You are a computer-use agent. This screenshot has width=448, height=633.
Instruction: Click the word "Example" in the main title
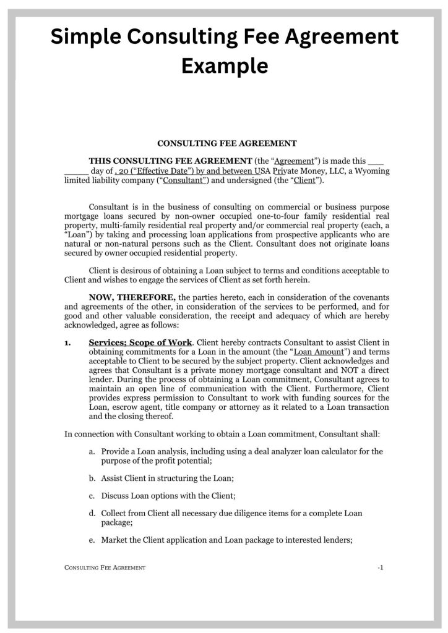point(224,65)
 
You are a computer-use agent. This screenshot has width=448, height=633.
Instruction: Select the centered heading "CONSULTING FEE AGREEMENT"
point(227,143)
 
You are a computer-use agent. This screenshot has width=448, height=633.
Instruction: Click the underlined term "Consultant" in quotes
point(184,181)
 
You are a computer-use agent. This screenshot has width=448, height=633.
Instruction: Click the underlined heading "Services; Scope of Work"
point(141,342)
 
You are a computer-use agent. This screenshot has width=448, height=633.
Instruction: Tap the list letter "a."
point(92,451)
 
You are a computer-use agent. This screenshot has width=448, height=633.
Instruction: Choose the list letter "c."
point(92,496)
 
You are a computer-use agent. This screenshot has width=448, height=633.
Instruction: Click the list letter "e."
point(92,539)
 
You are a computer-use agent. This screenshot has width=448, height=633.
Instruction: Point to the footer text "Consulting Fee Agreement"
point(105,567)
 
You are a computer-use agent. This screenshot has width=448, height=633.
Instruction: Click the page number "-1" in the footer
point(381,567)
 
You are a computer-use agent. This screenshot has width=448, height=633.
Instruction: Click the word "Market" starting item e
point(114,539)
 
